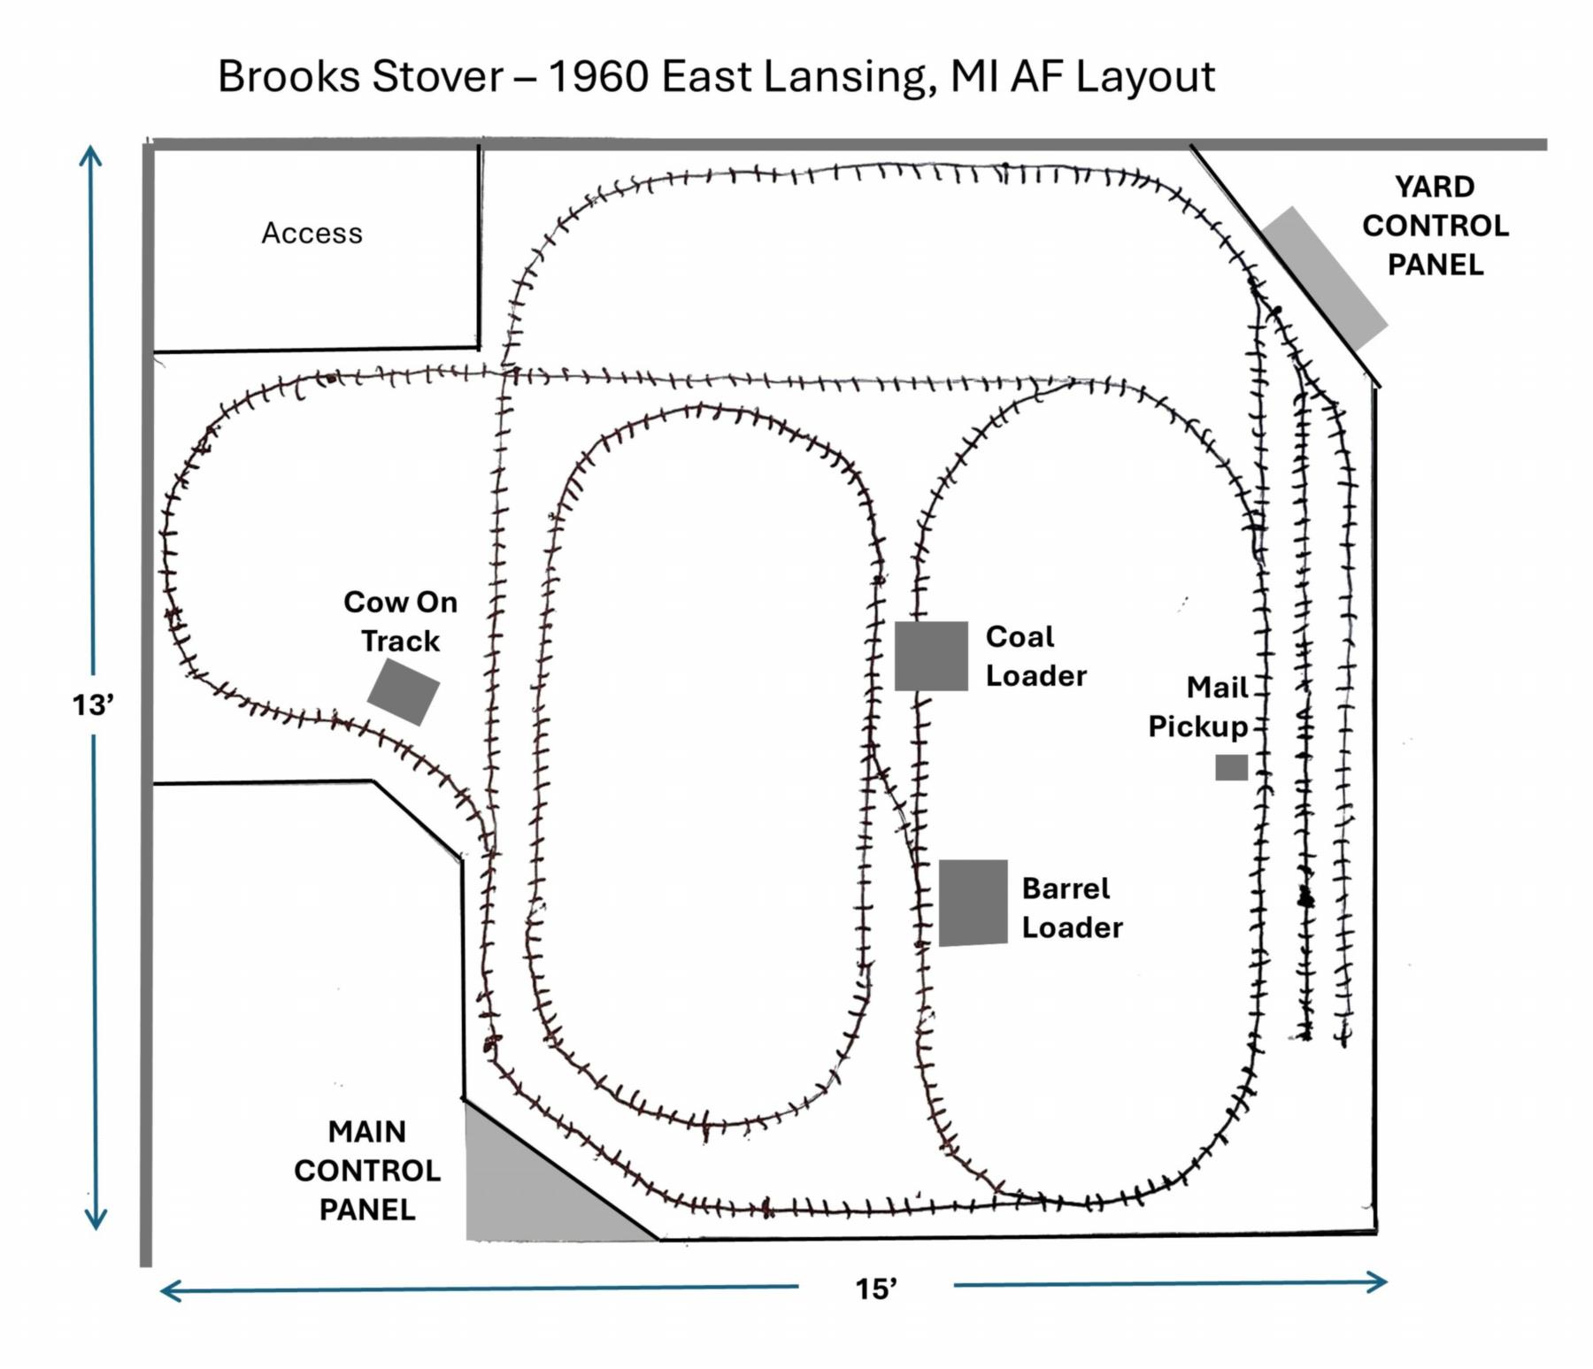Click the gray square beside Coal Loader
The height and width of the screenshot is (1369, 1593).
click(931, 656)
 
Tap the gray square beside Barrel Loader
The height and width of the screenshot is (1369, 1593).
click(973, 903)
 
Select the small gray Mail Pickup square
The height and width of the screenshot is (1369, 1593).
click(1231, 767)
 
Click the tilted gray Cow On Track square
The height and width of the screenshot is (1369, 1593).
click(404, 692)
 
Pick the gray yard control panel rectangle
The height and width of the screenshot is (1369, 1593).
click(1324, 279)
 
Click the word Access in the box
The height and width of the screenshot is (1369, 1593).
click(312, 233)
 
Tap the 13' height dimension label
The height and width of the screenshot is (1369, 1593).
click(94, 705)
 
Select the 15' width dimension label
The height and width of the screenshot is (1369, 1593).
click(875, 1289)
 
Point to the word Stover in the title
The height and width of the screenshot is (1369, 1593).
click(437, 76)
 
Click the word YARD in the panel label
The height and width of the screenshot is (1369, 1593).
click(1435, 187)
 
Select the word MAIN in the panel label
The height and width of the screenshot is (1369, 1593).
click(367, 1132)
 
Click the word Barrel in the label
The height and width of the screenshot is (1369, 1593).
click(1066, 888)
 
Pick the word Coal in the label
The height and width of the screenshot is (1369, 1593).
click(1020, 636)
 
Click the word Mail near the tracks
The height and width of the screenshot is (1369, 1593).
click(1217, 687)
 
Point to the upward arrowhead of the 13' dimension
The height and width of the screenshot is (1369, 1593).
click(91, 156)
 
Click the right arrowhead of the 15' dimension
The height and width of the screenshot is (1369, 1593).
click(1376, 1281)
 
